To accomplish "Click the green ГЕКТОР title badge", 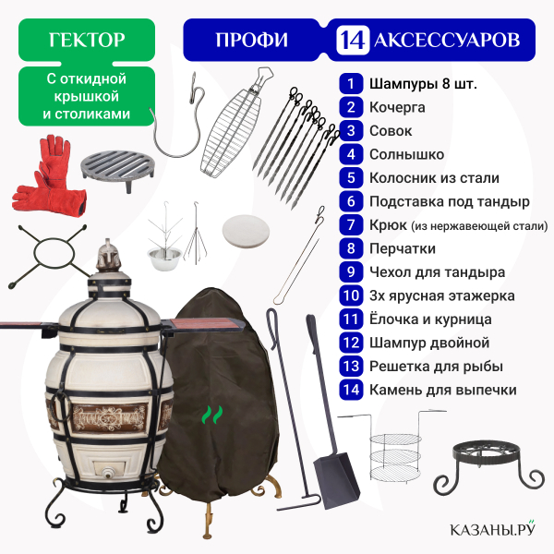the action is (x=87, y=40).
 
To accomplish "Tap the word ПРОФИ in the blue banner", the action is (x=251, y=40).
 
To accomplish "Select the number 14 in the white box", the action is (x=353, y=40).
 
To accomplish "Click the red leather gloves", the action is (x=50, y=175).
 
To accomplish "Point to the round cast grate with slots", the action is (x=118, y=169).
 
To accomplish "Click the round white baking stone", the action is (x=246, y=232).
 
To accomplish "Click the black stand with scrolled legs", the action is (x=489, y=466).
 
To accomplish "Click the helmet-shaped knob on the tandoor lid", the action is (x=109, y=256).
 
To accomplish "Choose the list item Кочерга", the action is (x=397, y=107).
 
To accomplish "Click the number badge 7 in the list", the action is (x=351, y=224).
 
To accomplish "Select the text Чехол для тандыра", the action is (x=437, y=272).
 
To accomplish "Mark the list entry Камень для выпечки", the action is (x=442, y=390).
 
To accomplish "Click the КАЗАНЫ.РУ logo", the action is (x=492, y=528).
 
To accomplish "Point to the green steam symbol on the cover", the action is (x=212, y=415).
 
